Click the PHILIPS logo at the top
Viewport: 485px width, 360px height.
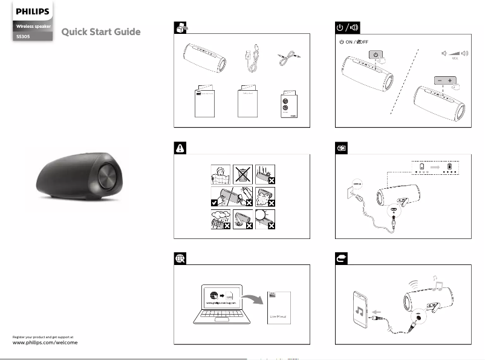coord(33,11)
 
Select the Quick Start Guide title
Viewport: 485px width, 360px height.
coord(101,32)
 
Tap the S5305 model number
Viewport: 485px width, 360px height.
coord(24,37)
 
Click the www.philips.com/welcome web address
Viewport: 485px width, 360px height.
coord(45,342)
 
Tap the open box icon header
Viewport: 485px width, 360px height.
coord(180,28)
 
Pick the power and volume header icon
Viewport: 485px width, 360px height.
coord(350,28)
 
